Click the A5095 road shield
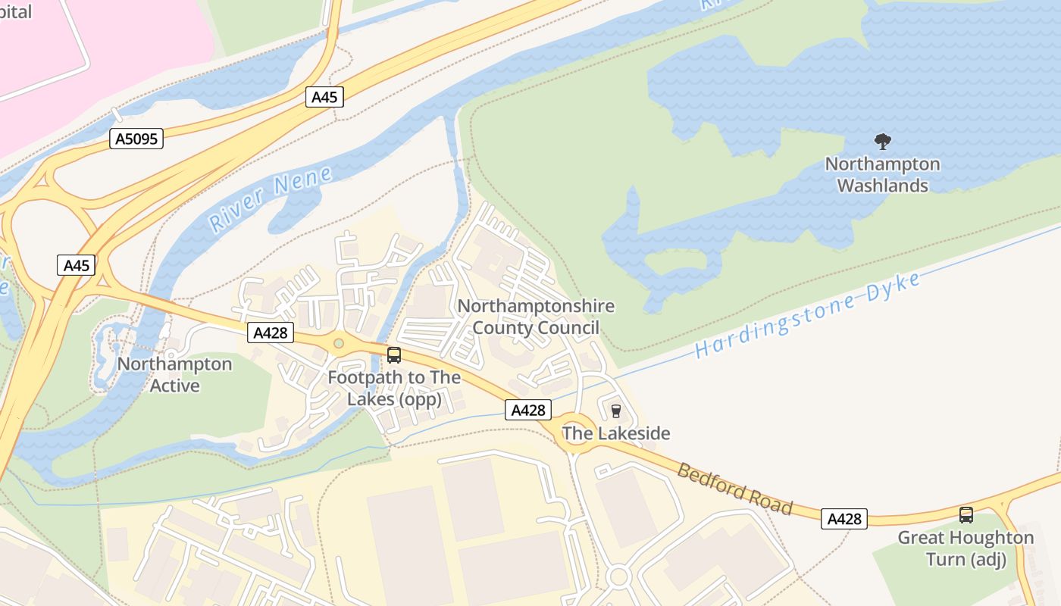pyautogui.click(x=136, y=139)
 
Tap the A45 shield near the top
pyautogui.click(x=325, y=97)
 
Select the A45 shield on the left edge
pyautogui.click(x=76, y=265)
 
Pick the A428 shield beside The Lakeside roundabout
pyautogui.click(x=528, y=410)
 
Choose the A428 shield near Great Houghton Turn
pyautogui.click(x=844, y=519)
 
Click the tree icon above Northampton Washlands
pyautogui.click(x=882, y=141)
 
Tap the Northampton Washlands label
pyautogui.click(x=882, y=175)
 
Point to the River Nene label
pyautogui.click(x=271, y=199)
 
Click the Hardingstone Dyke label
pyautogui.click(x=808, y=315)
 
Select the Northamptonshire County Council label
pyautogui.click(x=536, y=317)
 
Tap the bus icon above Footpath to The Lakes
pyautogui.click(x=394, y=355)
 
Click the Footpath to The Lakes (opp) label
pyautogui.click(x=394, y=388)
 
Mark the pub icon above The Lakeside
pyautogui.click(x=615, y=411)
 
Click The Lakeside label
pyautogui.click(x=615, y=433)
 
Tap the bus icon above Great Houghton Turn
pyautogui.click(x=966, y=515)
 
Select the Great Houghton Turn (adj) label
pyautogui.click(x=966, y=548)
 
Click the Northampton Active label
pyautogui.click(x=174, y=375)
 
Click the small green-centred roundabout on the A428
pyautogui.click(x=339, y=344)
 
